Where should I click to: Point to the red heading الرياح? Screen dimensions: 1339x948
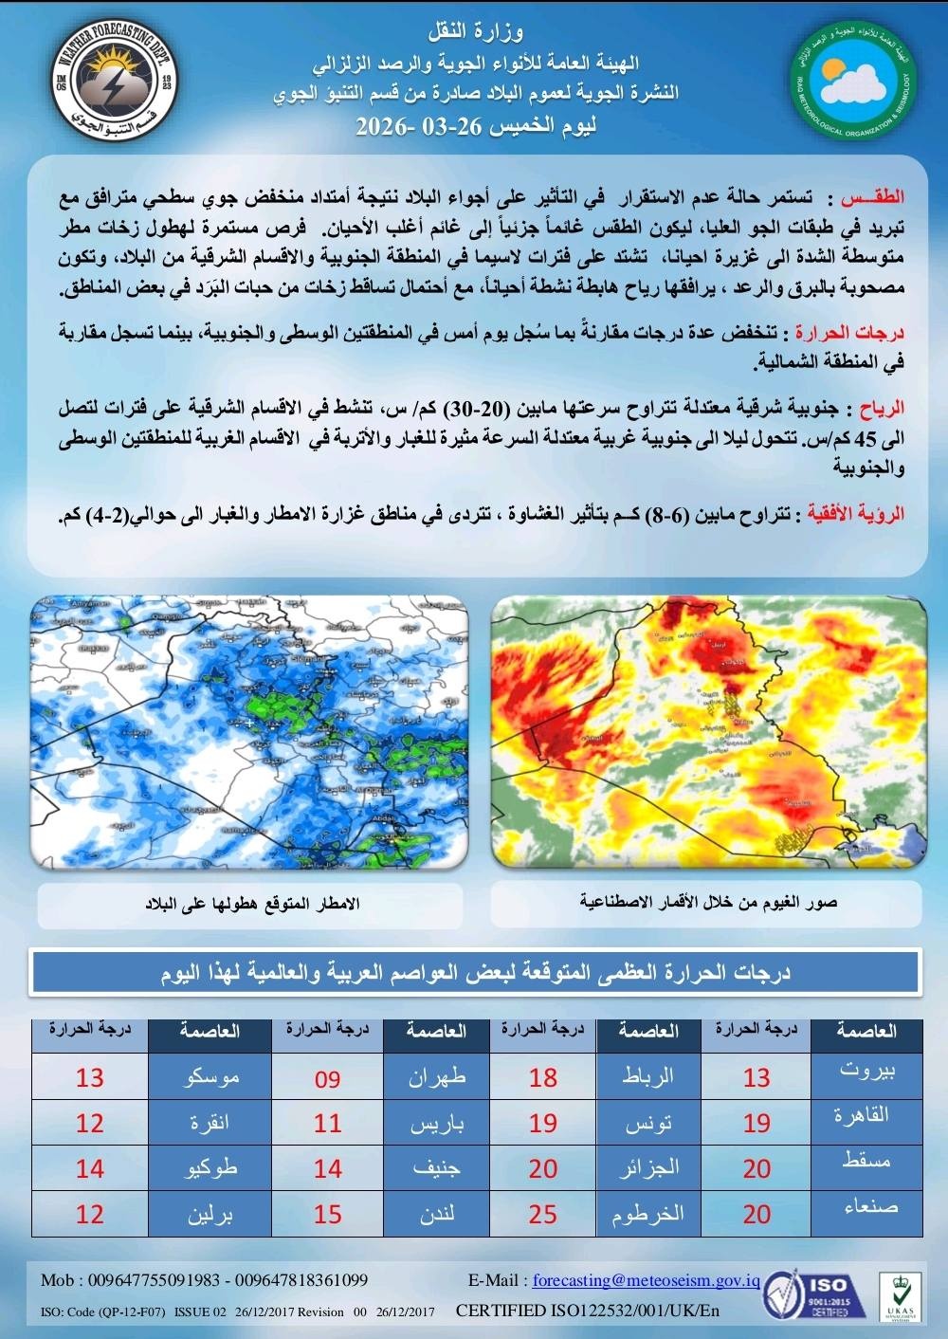click(x=882, y=409)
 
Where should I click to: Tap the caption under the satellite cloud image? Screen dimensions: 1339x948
click(x=707, y=903)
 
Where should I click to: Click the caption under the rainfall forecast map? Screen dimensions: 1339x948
click(x=252, y=903)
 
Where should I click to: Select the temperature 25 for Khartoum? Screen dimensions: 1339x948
click(x=543, y=1214)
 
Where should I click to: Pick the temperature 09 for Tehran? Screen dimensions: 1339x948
click(x=327, y=1077)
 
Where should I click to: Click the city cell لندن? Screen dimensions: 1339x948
click(x=438, y=1214)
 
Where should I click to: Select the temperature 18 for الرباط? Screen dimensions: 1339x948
click(x=543, y=1077)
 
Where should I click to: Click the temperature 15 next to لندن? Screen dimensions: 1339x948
click(x=327, y=1214)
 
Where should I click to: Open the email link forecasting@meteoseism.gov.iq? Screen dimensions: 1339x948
click(x=646, y=1280)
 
